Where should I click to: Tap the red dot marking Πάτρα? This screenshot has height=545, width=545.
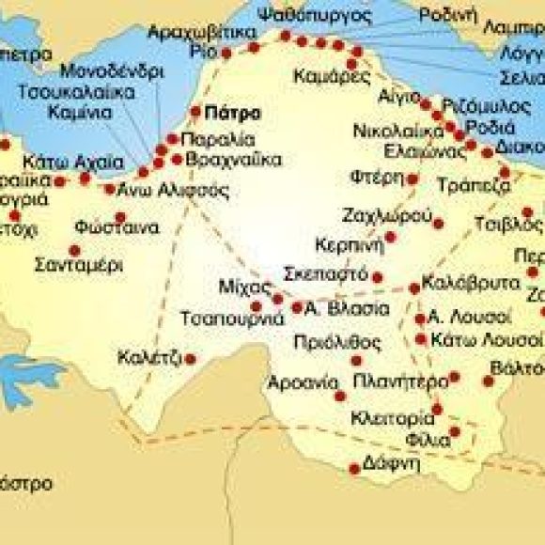tap(196, 111)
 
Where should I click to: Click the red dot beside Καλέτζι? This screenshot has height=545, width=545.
tap(191, 358)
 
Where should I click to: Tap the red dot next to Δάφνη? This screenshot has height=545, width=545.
tap(354, 467)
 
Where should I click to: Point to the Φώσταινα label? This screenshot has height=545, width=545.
tap(100, 225)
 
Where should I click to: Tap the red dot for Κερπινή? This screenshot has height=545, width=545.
tap(391, 237)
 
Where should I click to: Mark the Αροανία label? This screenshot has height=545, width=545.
tap(302, 382)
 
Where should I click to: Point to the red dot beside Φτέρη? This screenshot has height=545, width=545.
tap(413, 179)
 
